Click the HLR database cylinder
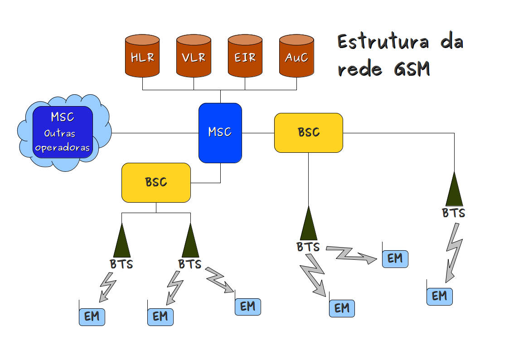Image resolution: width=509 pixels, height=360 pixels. pyautogui.click(x=142, y=56)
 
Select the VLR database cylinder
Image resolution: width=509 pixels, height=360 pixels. pyautogui.click(x=194, y=56)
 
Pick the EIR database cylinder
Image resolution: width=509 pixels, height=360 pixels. pyautogui.click(x=245, y=56)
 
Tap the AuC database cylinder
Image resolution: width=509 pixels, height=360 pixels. pyautogui.click(x=297, y=56)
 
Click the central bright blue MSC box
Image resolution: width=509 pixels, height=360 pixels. pyautogui.click(x=220, y=132)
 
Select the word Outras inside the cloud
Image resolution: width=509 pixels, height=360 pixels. pyautogui.click(x=60, y=134)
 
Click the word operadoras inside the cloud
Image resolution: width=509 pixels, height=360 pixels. pyautogui.click(x=63, y=148)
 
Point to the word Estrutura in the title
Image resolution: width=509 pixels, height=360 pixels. pyautogui.click(x=383, y=42)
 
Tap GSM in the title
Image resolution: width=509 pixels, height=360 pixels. pyautogui.click(x=412, y=69)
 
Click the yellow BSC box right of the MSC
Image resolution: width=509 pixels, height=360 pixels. pyautogui.click(x=309, y=132)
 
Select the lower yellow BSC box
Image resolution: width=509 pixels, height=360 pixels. pyautogui.click(x=156, y=182)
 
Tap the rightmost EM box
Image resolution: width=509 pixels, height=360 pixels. pyautogui.click(x=440, y=296)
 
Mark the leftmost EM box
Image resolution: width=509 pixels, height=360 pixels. pyautogui.click(x=92, y=316)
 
